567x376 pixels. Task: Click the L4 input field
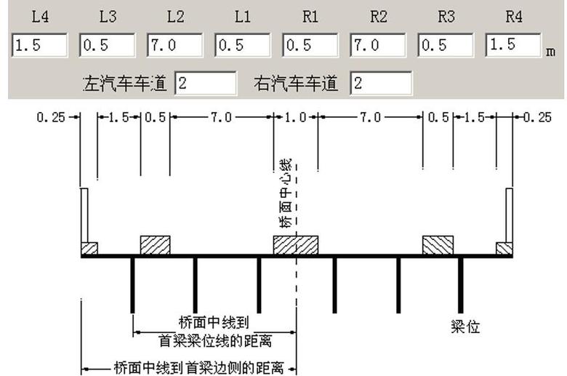point(39,45)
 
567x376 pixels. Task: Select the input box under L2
point(174,45)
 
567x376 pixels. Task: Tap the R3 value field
point(446,45)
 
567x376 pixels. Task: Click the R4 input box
point(513,45)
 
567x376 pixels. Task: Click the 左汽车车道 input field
point(206,83)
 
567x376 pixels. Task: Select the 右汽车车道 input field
point(381,83)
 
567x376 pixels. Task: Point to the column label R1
point(310,17)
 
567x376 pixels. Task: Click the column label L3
point(108,17)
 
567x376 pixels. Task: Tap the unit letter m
point(550,52)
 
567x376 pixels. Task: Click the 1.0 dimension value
point(295,117)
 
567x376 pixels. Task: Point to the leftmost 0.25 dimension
point(51,117)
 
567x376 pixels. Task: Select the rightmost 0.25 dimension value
point(538,117)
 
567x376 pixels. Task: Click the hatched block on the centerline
point(296,245)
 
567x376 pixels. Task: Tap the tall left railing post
point(84,215)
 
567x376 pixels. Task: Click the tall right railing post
point(509,215)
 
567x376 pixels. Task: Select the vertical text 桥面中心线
point(286,193)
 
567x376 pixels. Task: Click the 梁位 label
point(465,327)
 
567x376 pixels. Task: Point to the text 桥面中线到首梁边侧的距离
point(199,368)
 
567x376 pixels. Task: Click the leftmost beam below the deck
point(132,285)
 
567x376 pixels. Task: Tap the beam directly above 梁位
point(460,285)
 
